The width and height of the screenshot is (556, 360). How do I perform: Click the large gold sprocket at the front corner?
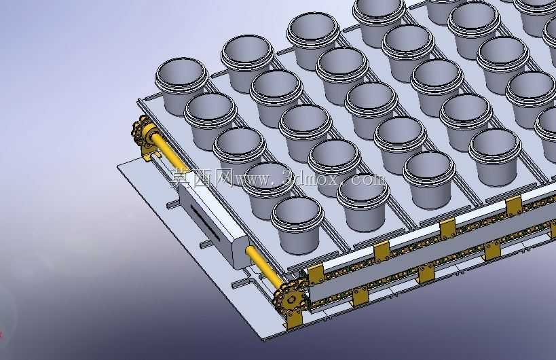coord(291,300)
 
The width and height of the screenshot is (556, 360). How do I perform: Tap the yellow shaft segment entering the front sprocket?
coord(263,265)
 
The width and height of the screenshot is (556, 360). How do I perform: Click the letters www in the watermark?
coord(252,180)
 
